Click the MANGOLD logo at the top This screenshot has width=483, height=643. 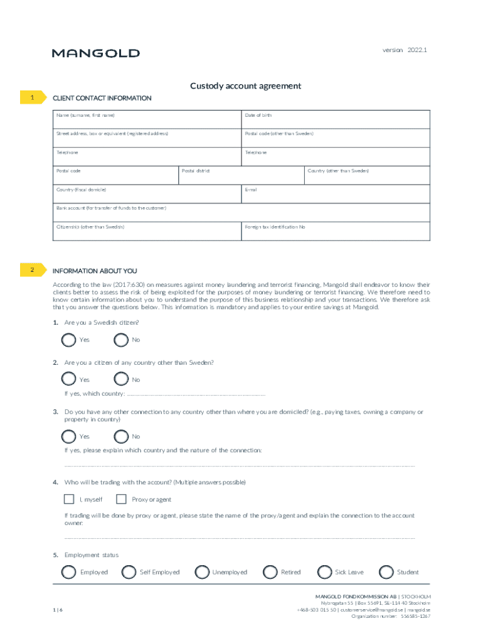95,53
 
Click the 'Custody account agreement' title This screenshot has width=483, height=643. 246,86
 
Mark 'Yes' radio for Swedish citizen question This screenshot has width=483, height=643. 69,340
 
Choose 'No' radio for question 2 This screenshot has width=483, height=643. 122,379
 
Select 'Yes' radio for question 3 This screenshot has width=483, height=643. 69,436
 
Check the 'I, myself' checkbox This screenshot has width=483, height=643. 69,499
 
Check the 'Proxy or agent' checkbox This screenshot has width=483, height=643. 122,499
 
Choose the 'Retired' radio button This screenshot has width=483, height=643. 270,572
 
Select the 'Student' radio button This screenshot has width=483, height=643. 386,572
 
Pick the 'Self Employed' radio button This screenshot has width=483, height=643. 129,572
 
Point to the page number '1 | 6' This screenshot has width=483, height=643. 58,609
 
